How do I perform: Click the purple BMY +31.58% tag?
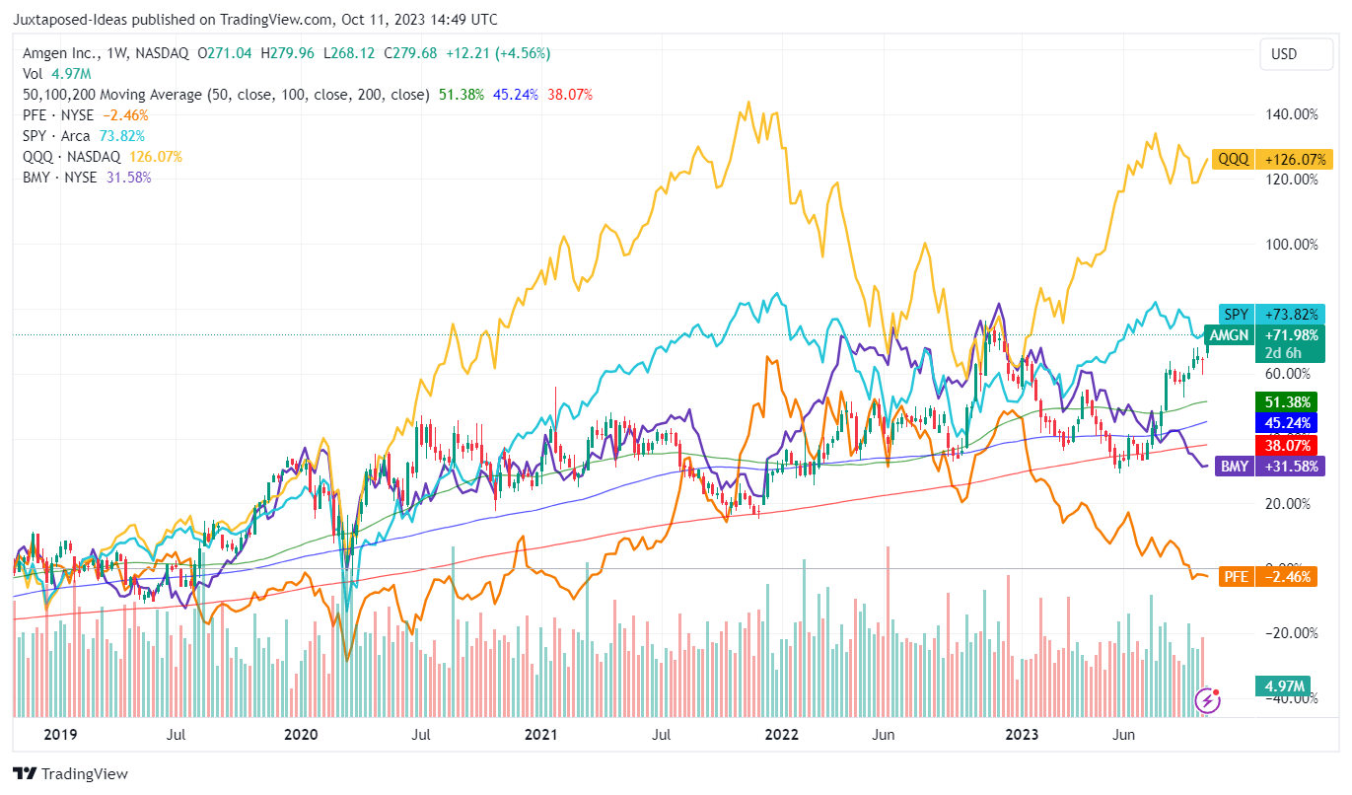[1273, 467]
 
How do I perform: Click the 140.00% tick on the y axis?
[1292, 114]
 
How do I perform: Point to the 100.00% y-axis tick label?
[1292, 245]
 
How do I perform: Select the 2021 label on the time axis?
[541, 735]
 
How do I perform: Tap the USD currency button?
[1284, 54]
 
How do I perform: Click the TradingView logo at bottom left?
[70, 774]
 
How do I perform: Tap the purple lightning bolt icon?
[1208, 701]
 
